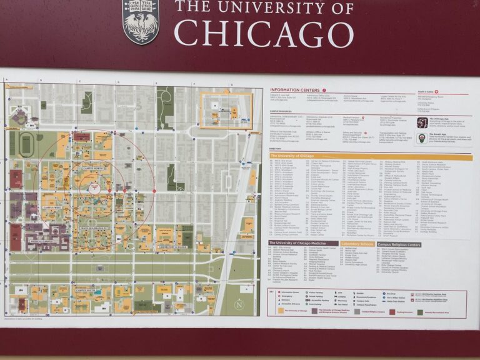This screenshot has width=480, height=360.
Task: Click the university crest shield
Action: [140, 21]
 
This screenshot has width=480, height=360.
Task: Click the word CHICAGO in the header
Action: [263, 32]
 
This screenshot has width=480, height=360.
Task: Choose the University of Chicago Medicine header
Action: [303, 243]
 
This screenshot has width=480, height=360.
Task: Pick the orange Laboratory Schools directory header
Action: [358, 243]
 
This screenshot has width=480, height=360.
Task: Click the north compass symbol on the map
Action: [239, 304]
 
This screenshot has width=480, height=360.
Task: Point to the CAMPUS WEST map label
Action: [52, 207]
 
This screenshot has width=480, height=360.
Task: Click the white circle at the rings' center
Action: [94, 187]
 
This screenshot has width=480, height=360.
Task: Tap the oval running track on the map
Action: [26, 143]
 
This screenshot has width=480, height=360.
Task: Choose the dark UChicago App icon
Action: [422, 122]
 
